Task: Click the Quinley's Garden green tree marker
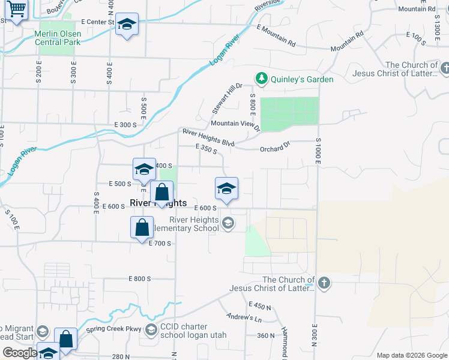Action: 261,79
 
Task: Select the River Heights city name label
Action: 158,203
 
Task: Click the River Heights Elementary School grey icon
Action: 228,224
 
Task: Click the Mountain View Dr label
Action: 235,125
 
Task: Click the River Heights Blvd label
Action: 208,137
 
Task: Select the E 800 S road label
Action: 140,279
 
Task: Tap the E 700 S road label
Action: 161,243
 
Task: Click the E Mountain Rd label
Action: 276,35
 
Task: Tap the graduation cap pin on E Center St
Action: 127,24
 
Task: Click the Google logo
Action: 19,353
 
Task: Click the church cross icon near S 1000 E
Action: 324,283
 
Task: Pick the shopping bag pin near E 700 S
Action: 142,227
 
